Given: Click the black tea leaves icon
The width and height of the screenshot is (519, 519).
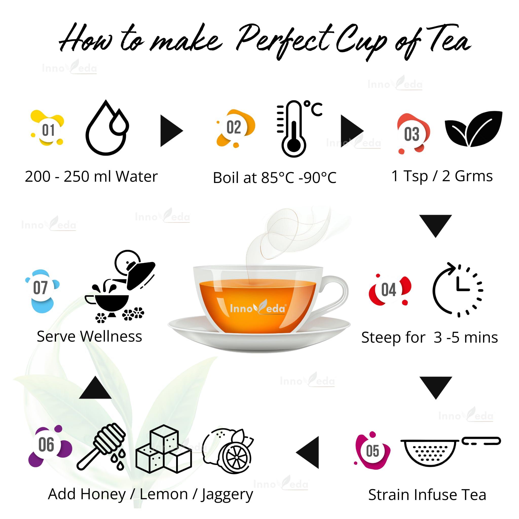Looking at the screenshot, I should click(x=473, y=129).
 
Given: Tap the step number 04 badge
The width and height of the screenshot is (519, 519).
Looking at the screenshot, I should click(x=389, y=290).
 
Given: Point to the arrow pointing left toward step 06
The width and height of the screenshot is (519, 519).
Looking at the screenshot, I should click(x=308, y=452).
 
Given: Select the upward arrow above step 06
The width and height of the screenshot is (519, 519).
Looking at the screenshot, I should click(x=95, y=388).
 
